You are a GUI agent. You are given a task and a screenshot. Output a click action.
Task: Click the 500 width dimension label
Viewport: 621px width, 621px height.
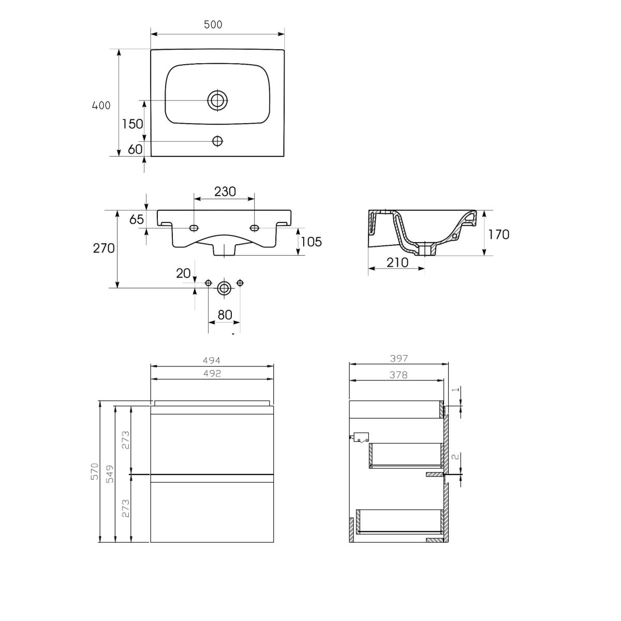[x=213, y=24]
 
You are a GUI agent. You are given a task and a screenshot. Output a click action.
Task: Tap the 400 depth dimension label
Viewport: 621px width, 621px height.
[x=101, y=106]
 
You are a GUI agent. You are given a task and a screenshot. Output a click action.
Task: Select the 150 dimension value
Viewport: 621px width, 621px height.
[x=132, y=124]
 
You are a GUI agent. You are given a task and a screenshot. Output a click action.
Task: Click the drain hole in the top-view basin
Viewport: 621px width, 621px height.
[x=217, y=100]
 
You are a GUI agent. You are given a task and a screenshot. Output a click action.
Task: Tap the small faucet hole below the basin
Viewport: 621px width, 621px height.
[x=217, y=141]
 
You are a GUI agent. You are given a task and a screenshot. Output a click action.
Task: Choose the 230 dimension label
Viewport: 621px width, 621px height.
[x=225, y=192]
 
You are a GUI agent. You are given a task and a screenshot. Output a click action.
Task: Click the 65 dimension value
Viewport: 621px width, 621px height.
[x=137, y=219]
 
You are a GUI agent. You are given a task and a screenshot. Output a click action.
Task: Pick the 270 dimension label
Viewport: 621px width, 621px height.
[x=104, y=248]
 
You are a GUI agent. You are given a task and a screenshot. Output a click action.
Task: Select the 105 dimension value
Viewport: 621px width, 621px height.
[x=312, y=242]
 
